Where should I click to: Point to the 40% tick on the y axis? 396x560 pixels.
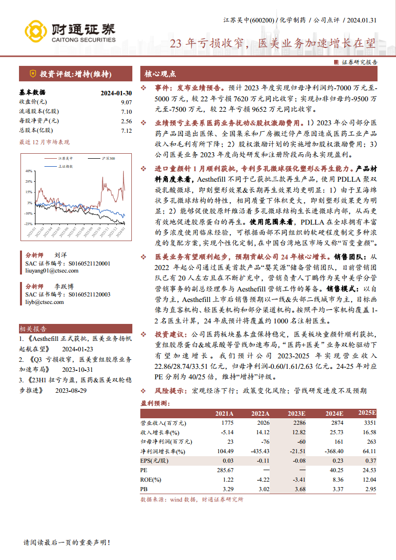29,170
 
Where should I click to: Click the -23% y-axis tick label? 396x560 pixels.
28,224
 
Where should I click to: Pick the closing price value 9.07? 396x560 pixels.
126,102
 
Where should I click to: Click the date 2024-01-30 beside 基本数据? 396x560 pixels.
116,93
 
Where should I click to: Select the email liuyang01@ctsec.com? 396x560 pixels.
52,271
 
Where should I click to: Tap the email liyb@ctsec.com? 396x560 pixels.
44,301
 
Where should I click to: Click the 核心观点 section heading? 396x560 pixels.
160,74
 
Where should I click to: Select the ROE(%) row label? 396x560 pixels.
150,480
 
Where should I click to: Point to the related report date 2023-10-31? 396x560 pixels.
77,369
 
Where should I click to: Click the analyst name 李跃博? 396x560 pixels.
64,286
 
